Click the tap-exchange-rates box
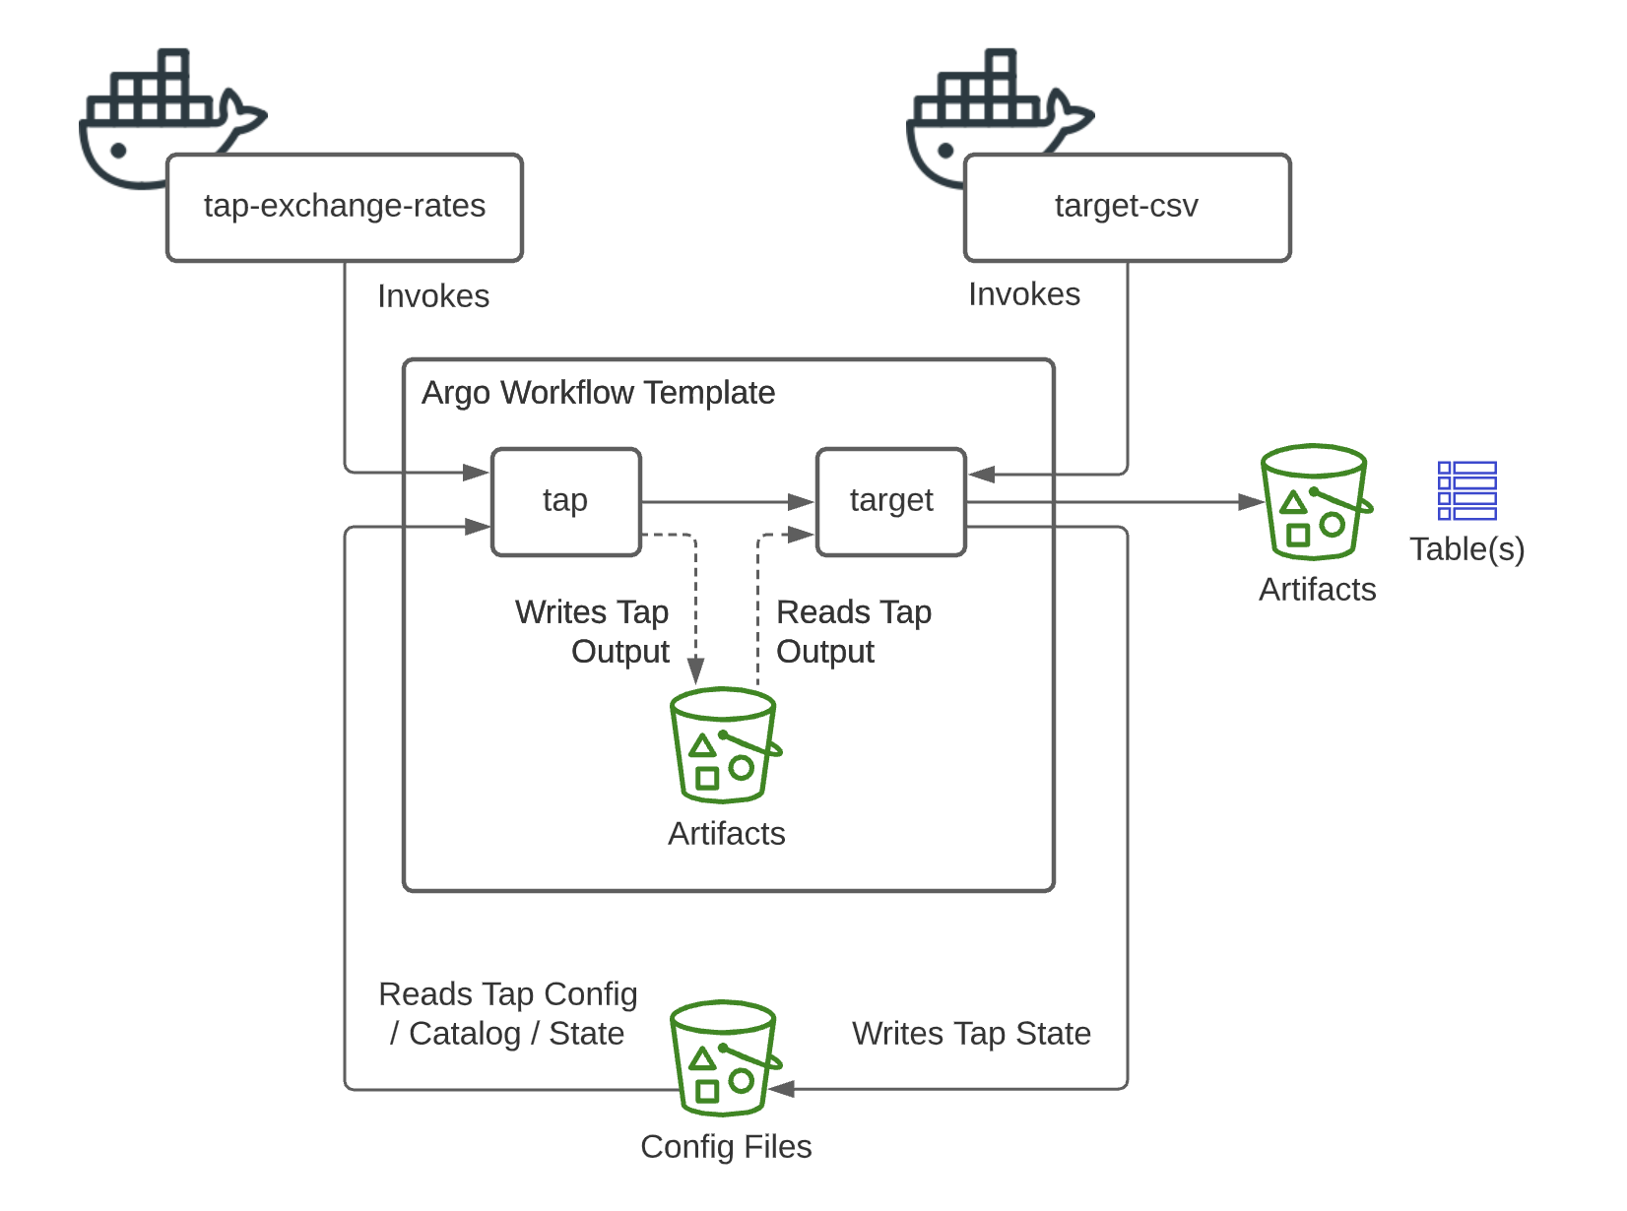[344, 207]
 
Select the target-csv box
[1127, 207]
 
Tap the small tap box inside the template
[565, 501]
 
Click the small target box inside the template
[890, 501]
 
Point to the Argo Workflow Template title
[598, 393]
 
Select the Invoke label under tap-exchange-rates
[433, 296]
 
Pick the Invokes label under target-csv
[1024, 294]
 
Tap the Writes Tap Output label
[593, 632]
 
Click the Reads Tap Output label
[853, 632]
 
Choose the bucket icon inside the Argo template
[725, 745]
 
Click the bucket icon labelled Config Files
[725, 1058]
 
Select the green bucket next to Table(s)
[1316, 502]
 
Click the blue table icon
[1466, 490]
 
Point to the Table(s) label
[1466, 549]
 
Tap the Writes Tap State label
[971, 1034]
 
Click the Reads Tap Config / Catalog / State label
[508, 1014]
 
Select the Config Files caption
[726, 1147]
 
